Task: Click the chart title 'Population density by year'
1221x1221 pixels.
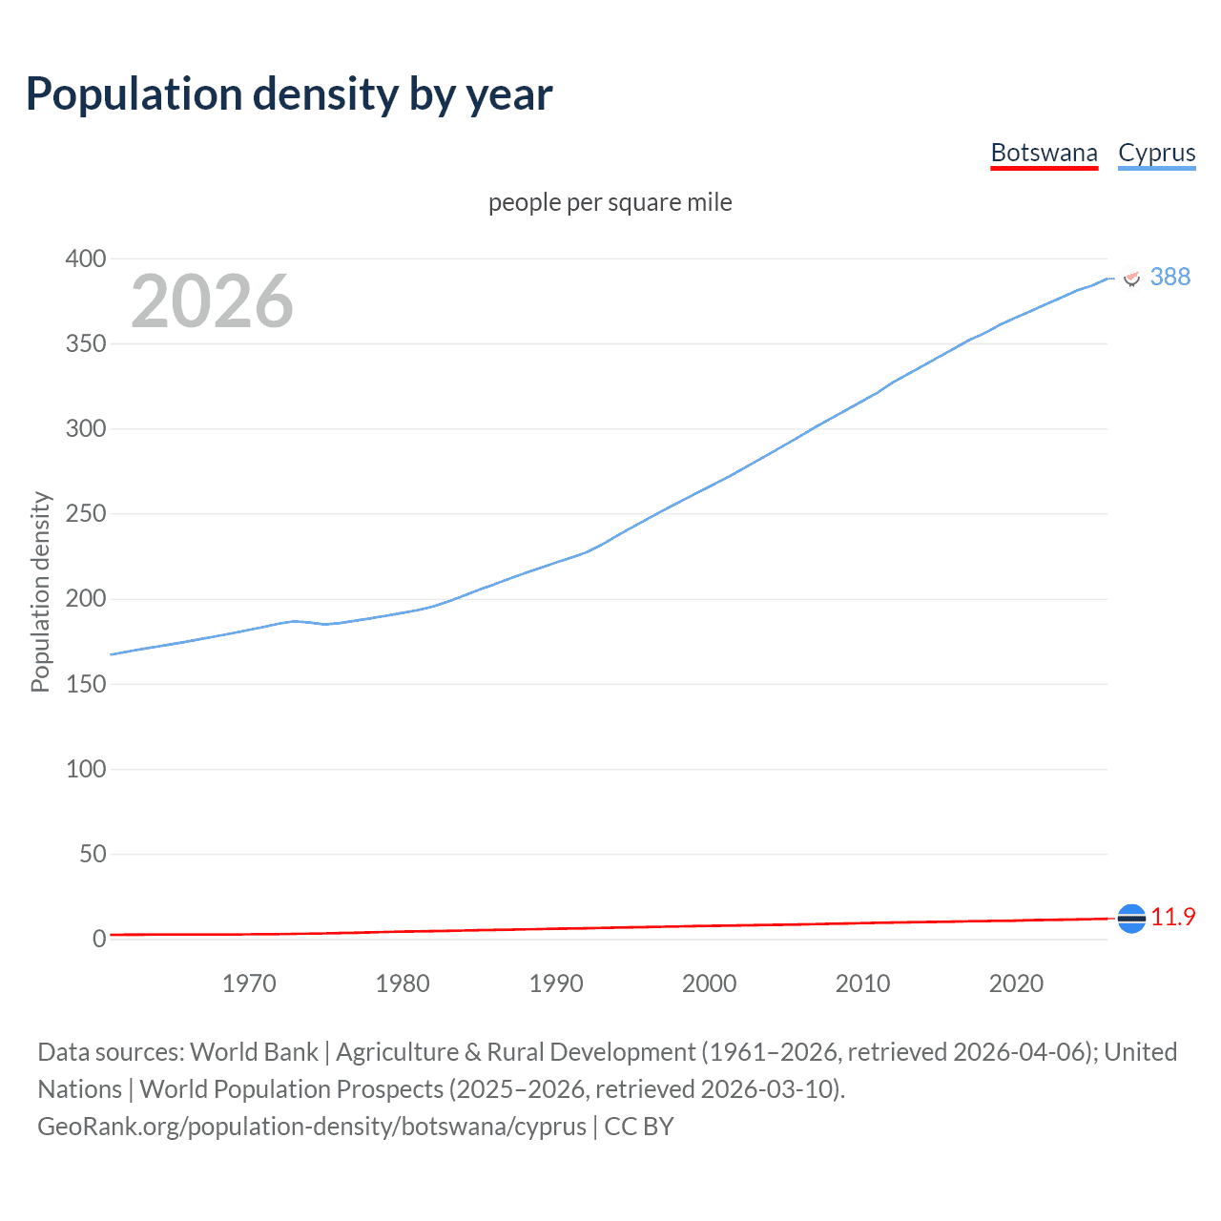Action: coord(289,94)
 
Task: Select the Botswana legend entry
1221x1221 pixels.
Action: coord(1044,153)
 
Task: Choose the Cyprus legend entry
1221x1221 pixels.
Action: coord(1156,153)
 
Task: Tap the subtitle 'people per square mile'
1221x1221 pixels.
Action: coord(610,202)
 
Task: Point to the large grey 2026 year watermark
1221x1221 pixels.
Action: coord(212,301)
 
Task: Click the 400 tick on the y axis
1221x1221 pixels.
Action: coord(86,259)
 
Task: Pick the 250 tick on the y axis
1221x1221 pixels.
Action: coord(86,514)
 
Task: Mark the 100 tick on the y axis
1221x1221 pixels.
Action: coord(86,769)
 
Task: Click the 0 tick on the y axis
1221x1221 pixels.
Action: coord(99,939)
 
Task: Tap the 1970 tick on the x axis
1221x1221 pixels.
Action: coord(249,983)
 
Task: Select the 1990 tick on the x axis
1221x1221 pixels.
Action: coord(556,983)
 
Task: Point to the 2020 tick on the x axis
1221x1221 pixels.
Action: coord(1016,983)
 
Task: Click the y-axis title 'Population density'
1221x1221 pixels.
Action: coord(40,591)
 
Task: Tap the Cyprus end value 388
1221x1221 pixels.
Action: coord(1169,277)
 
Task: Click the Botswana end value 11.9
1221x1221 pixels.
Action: coord(1172,917)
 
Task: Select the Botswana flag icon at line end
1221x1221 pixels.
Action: coord(1131,918)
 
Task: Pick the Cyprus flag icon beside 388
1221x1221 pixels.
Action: coord(1132,278)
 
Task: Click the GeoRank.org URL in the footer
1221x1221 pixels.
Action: coord(312,1126)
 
